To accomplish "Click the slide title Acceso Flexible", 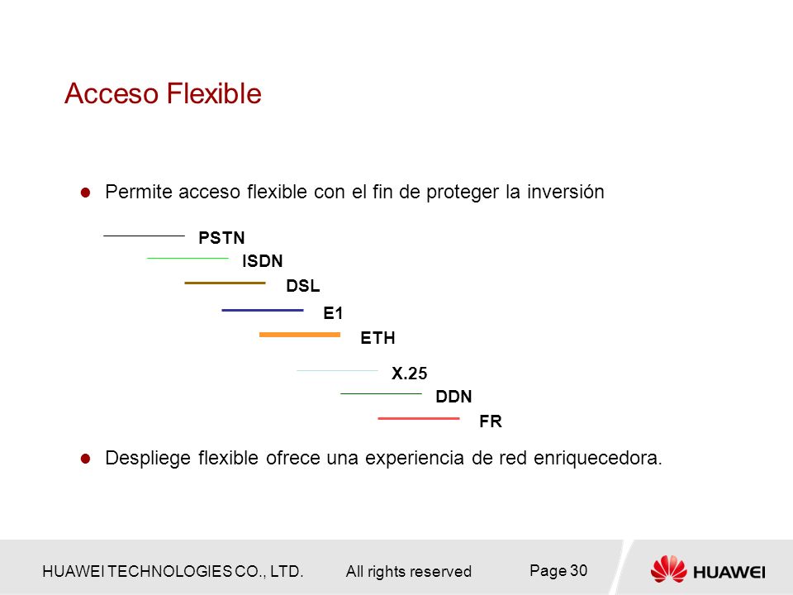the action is point(163,93).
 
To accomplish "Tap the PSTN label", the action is point(221,237).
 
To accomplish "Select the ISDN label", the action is point(263,261).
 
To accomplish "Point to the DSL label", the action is point(303,286).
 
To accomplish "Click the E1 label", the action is point(333,313).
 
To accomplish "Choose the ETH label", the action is point(378,337).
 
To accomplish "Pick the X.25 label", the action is point(409,374).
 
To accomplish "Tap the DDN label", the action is point(453,396).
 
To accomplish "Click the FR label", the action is point(491,421).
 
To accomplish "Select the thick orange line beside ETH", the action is point(300,335).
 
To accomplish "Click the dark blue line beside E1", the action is point(263,310).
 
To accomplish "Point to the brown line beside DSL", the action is point(225,283).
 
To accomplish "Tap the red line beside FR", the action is point(419,418).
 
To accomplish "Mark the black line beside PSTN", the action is point(144,236).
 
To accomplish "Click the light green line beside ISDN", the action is point(188,258).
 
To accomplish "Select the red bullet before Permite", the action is point(85,193).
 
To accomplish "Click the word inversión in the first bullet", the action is point(565,192).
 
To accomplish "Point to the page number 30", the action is point(578,571).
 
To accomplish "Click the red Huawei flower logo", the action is point(668,569).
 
